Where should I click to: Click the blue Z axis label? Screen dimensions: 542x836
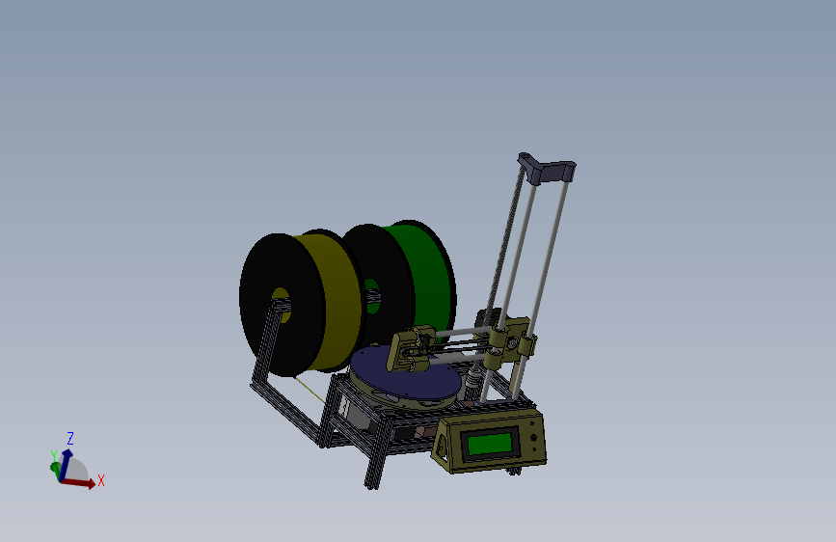pyautogui.click(x=70, y=438)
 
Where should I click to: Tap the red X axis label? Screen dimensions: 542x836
pyautogui.click(x=100, y=479)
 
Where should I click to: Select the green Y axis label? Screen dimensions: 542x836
pyautogui.click(x=54, y=455)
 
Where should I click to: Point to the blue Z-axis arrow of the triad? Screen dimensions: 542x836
pyautogui.click(x=67, y=459)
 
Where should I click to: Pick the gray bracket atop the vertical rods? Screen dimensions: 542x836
pyautogui.click(x=549, y=169)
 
